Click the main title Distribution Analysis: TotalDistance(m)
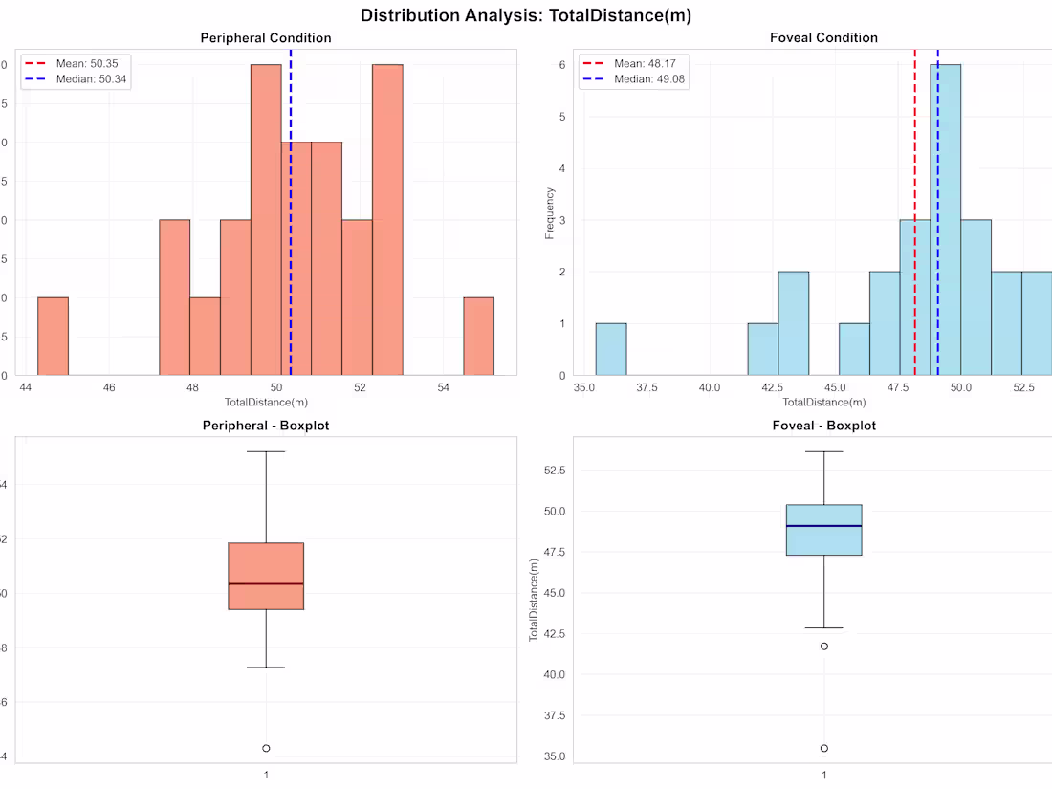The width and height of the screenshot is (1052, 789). (526, 15)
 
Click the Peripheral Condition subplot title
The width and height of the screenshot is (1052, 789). (266, 38)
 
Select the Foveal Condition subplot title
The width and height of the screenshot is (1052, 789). (823, 38)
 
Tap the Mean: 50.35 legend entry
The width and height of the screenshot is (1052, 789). (86, 63)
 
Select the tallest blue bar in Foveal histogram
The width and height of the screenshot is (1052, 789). (945, 220)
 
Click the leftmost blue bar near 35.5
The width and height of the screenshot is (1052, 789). (611, 349)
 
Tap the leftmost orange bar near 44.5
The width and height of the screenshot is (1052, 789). (53, 336)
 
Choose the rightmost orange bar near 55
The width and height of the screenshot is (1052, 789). (479, 336)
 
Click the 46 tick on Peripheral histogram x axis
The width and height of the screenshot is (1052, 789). (109, 387)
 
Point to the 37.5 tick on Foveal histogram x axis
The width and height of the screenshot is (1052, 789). (647, 387)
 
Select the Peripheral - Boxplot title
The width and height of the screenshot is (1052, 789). (266, 425)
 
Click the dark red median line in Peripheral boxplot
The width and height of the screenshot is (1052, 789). (266, 583)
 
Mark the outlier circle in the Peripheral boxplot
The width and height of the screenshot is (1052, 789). (266, 748)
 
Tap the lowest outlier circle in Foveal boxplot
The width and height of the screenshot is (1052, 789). (824, 748)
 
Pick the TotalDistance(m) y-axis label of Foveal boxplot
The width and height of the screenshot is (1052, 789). (534, 600)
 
